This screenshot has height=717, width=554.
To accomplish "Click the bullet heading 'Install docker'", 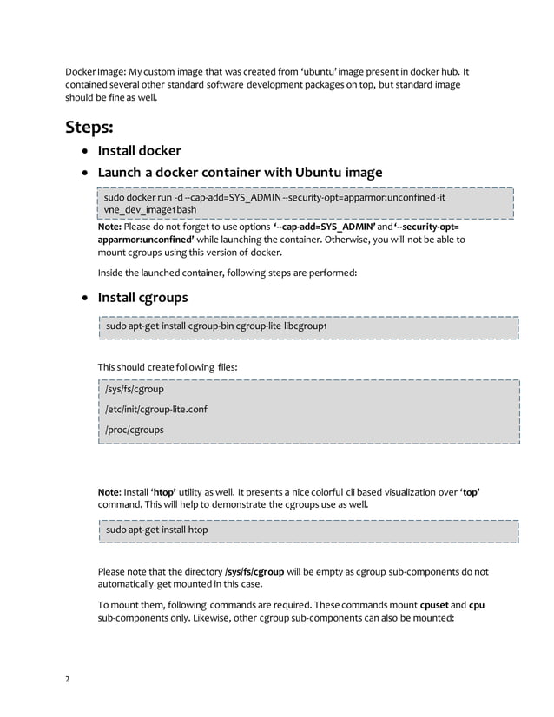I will (139, 151).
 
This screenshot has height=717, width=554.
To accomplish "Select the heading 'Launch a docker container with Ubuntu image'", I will (240, 172).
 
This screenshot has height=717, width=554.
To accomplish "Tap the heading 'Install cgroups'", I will (143, 298).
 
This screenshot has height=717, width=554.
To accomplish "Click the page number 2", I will (68, 679).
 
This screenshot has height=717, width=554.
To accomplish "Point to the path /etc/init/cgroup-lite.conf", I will (156, 409).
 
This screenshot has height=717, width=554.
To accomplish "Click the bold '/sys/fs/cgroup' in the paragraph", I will (254, 572).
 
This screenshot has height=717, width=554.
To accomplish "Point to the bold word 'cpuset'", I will (433, 605).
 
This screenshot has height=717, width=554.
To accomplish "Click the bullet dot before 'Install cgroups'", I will (84, 299).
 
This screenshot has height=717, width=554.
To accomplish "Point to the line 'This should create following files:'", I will (167, 367).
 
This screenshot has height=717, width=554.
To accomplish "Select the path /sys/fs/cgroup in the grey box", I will (135, 389).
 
